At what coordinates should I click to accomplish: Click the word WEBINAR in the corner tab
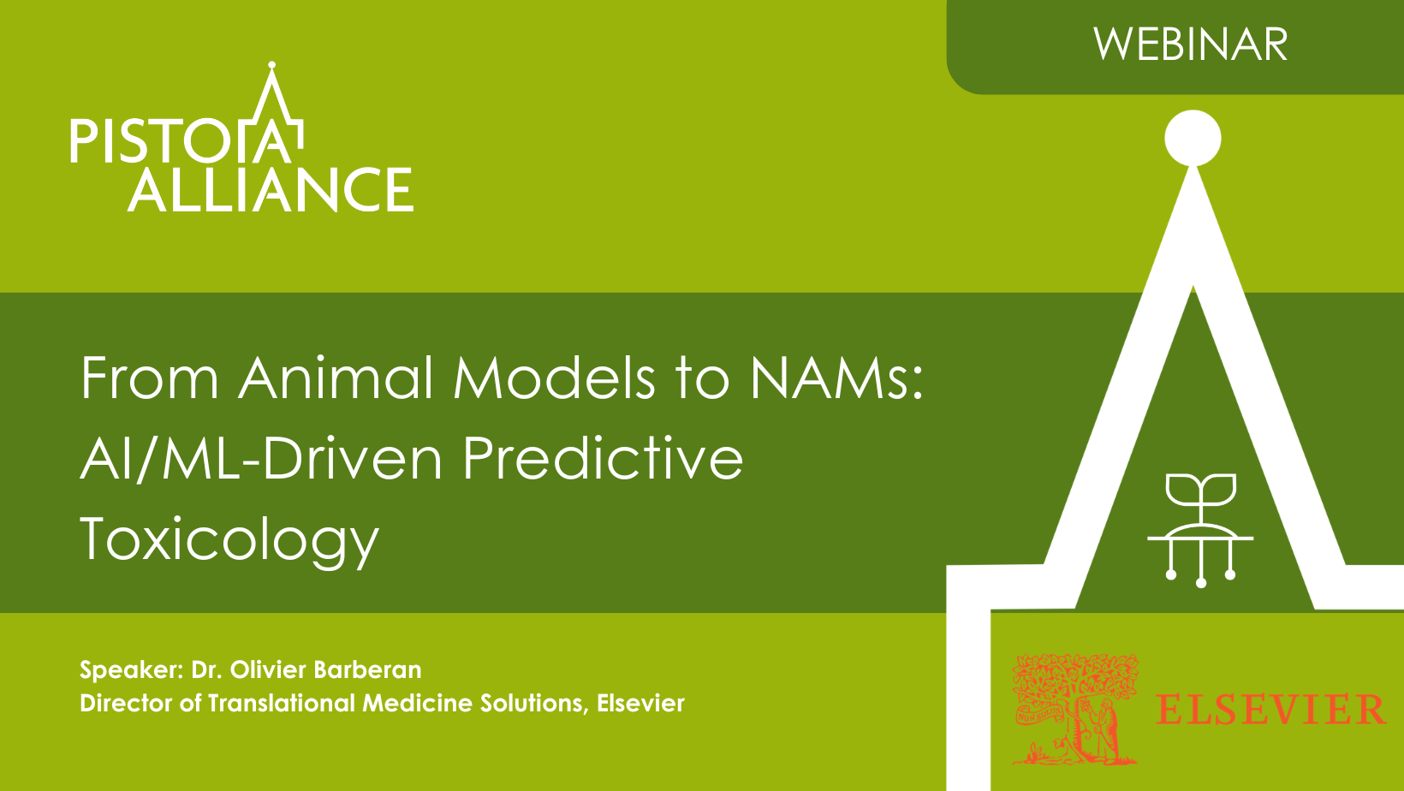coord(1190,45)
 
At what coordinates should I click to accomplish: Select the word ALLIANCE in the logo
coord(271,189)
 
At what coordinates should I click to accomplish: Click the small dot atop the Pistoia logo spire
coord(271,65)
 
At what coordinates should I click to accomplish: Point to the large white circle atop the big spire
coord(1193,138)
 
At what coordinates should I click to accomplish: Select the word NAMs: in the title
coord(836,378)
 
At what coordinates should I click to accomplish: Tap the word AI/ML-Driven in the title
coord(262,457)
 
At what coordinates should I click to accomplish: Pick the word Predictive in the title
coord(603,457)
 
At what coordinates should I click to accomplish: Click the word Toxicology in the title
coord(230,540)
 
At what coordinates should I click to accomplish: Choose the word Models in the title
coord(554,378)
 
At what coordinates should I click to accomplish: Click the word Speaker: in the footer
coord(132,670)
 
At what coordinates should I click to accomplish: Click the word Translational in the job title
coord(282,703)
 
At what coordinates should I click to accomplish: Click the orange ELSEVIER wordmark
coord(1270,710)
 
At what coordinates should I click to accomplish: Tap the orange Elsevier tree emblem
coord(1075,710)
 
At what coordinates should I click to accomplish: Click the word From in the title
coord(149,378)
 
